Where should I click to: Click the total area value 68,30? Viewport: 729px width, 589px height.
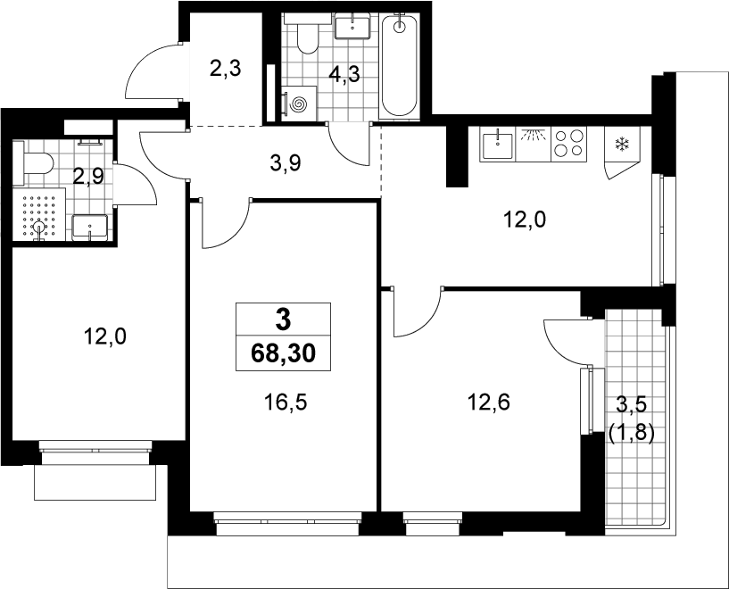click(x=283, y=353)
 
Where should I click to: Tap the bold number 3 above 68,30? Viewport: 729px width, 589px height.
click(x=283, y=319)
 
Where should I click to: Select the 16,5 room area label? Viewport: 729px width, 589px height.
click(x=286, y=402)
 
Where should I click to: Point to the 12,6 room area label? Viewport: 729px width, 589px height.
click(x=489, y=402)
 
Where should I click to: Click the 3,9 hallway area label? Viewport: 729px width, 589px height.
click(x=286, y=163)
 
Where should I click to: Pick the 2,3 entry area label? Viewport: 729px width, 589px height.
click(x=225, y=70)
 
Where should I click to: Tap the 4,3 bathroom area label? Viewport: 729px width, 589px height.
click(x=344, y=74)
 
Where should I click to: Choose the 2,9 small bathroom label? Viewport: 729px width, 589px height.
click(x=88, y=176)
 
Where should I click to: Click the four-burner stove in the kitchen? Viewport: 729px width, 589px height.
click(x=569, y=144)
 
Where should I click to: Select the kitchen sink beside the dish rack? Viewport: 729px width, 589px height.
click(x=498, y=144)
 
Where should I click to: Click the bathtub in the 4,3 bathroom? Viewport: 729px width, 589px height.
click(x=400, y=67)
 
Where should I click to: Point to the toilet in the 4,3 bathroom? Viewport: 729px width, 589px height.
click(x=307, y=34)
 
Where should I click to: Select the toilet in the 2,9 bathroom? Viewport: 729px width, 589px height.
click(x=33, y=163)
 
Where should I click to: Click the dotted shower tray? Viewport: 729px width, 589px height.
click(x=39, y=214)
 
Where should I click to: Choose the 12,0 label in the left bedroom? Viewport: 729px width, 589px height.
click(x=104, y=336)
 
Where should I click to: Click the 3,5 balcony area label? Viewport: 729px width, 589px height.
click(x=632, y=404)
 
